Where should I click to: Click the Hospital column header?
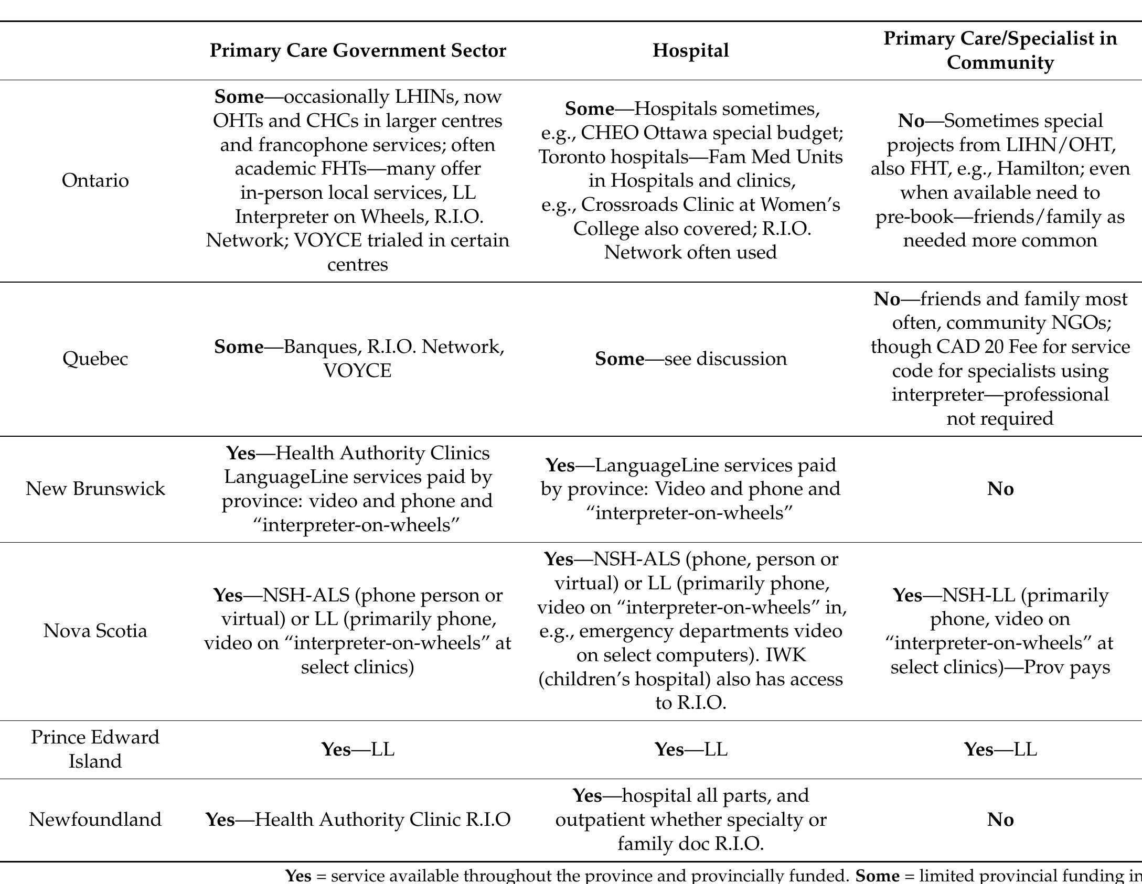click(x=690, y=51)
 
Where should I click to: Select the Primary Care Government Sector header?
click(x=358, y=51)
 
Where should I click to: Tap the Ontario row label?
click(x=95, y=180)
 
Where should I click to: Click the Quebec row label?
click(x=95, y=359)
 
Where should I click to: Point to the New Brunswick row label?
click(x=95, y=489)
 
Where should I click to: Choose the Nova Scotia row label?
click(x=95, y=631)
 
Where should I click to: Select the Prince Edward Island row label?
click(x=95, y=749)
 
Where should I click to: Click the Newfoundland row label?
click(x=95, y=820)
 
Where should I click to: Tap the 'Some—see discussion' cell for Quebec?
click(x=690, y=359)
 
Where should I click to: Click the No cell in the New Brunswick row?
click(x=1000, y=489)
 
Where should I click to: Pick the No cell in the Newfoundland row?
click(x=1000, y=820)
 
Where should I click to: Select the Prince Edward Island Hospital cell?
click(x=690, y=750)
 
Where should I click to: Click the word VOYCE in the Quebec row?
click(x=357, y=371)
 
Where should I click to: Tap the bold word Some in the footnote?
click(x=877, y=876)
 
